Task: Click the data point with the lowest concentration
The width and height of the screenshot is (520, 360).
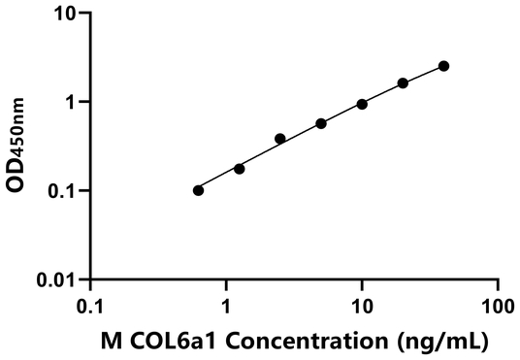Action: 199,190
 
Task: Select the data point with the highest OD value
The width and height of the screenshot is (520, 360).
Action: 443,66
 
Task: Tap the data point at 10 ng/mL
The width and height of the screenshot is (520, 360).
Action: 362,104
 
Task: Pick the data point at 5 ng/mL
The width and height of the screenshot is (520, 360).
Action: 321,123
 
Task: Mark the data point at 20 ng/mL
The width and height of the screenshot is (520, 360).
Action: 403,83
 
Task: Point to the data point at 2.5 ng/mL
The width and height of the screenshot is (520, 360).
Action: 280,139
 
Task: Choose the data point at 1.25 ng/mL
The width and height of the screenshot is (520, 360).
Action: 240,169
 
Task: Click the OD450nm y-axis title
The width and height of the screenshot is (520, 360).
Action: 18,146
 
